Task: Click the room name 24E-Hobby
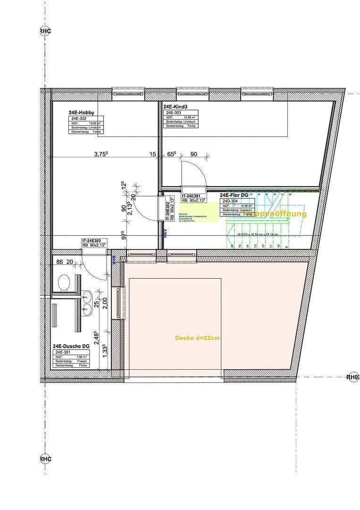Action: point(81,112)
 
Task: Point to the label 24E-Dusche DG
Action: point(71,347)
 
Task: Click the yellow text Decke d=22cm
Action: point(197,338)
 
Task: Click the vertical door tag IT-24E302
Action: point(168,210)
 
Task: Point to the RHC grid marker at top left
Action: point(45,31)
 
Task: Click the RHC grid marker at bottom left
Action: point(45,459)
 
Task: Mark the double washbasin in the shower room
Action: point(86,303)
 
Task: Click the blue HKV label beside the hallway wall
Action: point(166,233)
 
